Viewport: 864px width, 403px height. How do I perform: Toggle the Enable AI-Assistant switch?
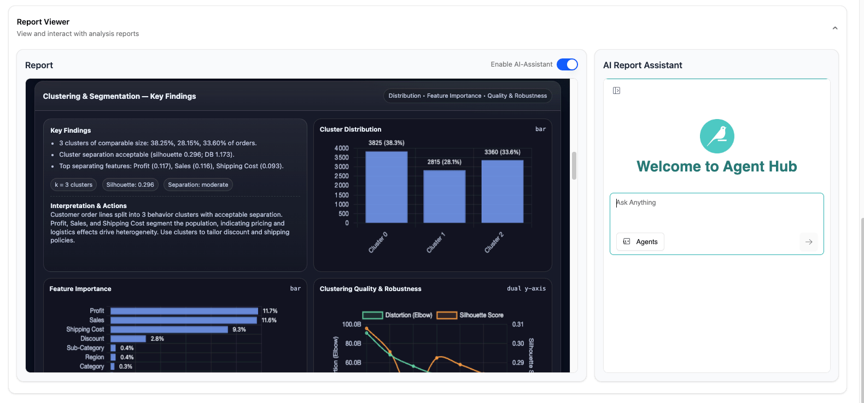click(567, 64)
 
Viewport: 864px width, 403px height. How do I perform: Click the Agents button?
click(640, 242)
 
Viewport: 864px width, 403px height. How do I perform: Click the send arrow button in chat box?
click(808, 242)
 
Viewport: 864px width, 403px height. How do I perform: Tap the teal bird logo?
click(717, 136)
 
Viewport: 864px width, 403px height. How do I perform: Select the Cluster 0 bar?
click(386, 187)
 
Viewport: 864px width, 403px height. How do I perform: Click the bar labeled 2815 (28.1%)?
click(444, 197)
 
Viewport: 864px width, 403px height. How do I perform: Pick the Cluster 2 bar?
click(502, 191)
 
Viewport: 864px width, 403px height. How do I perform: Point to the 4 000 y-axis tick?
click(341, 149)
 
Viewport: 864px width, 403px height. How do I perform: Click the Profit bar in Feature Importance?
click(184, 311)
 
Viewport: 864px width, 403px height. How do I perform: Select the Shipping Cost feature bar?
click(169, 330)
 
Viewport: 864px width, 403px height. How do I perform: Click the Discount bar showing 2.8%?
click(128, 339)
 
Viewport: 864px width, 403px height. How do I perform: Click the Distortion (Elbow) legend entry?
click(398, 315)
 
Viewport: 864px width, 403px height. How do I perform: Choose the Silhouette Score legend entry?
click(470, 315)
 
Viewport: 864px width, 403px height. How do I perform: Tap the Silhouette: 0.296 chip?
click(130, 185)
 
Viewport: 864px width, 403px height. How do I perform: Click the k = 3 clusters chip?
click(73, 185)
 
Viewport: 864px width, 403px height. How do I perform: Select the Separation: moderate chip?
click(198, 185)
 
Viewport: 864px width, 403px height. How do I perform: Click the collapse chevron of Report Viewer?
click(834, 28)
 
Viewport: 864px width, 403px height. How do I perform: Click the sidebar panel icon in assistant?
click(616, 91)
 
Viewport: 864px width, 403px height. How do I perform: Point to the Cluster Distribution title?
click(351, 129)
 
